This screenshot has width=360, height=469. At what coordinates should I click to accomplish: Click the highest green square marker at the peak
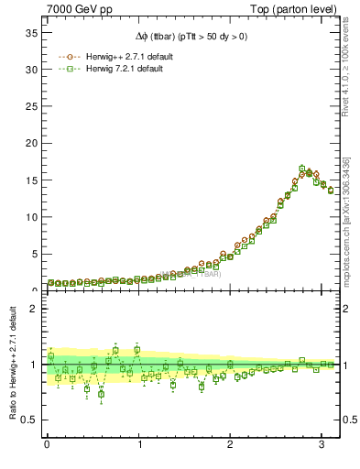coord(302,169)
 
